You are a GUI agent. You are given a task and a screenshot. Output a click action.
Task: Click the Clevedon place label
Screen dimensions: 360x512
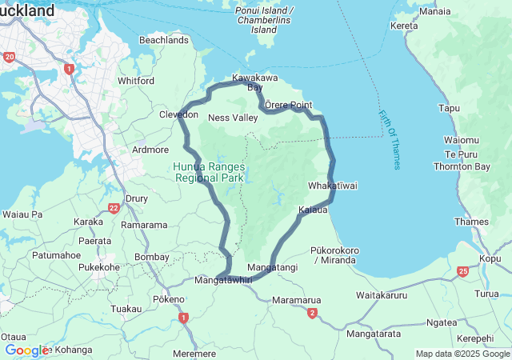[x=178, y=115]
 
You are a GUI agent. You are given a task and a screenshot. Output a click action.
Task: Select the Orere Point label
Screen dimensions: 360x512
[x=289, y=106]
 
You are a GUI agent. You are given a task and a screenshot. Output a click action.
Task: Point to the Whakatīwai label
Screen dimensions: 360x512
[x=332, y=186]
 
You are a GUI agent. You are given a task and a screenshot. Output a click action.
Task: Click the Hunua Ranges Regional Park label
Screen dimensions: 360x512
[x=207, y=172]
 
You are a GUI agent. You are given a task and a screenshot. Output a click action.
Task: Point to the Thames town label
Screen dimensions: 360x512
[x=470, y=222]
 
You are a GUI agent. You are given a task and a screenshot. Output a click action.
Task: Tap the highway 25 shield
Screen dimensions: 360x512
[x=463, y=272]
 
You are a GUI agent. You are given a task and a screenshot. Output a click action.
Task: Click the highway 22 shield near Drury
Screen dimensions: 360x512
[x=114, y=209]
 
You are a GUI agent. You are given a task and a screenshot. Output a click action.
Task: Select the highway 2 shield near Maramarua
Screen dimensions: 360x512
[x=312, y=313]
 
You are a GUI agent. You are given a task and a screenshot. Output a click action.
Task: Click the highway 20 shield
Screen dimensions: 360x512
[x=9, y=57]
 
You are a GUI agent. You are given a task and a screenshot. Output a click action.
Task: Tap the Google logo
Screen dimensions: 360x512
[x=26, y=350]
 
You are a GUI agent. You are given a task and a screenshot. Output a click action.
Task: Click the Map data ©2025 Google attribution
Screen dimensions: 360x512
[x=462, y=354]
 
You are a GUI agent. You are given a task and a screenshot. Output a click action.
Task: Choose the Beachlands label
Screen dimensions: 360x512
[x=163, y=39]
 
